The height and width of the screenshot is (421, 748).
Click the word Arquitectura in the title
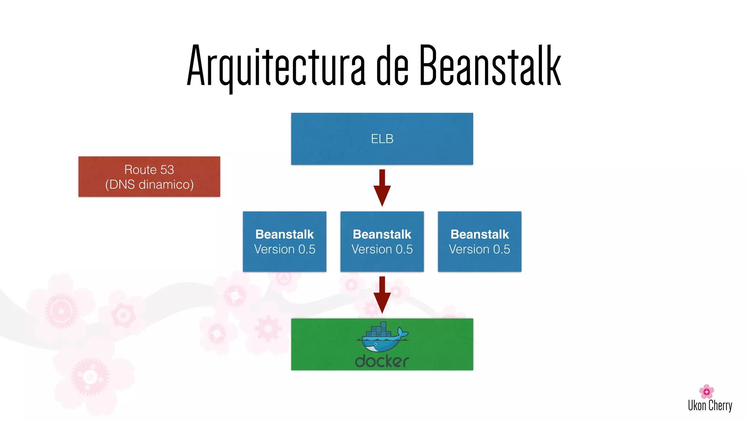pyautogui.click(x=276, y=66)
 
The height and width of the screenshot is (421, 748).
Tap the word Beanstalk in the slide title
pyautogui.click(x=490, y=66)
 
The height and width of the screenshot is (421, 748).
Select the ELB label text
pyautogui.click(x=382, y=139)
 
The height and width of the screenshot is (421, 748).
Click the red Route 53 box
pyautogui.click(x=149, y=177)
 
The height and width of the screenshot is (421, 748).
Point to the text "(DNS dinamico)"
pyautogui.click(x=149, y=185)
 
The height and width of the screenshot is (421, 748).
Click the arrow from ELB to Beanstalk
pyautogui.click(x=382, y=188)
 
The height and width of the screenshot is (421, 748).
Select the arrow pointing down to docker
pyautogui.click(x=382, y=295)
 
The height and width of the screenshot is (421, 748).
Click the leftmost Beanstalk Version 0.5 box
pyautogui.click(x=285, y=242)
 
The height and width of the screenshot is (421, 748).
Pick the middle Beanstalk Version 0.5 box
pyautogui.click(x=382, y=242)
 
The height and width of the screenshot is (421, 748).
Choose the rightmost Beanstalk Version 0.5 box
pyautogui.click(x=480, y=242)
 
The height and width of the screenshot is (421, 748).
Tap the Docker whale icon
pyautogui.click(x=382, y=338)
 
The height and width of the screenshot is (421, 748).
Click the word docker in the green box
pyautogui.click(x=382, y=361)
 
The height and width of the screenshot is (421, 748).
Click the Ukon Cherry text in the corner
pyautogui.click(x=710, y=406)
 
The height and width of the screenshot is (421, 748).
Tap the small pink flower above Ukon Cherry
pyautogui.click(x=706, y=391)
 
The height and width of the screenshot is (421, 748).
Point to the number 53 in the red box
pyautogui.click(x=167, y=170)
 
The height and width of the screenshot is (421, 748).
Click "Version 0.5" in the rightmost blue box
pyautogui.click(x=480, y=249)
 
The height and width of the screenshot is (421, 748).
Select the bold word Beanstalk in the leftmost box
pyautogui.click(x=285, y=234)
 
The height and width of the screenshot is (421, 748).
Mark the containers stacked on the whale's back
pyautogui.click(x=379, y=330)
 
